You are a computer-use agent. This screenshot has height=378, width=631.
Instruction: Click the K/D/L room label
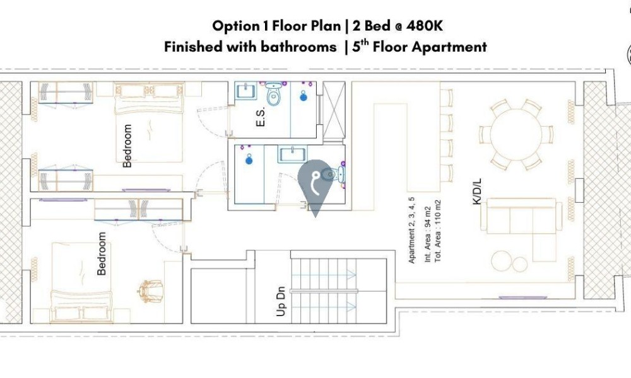click(x=477, y=192)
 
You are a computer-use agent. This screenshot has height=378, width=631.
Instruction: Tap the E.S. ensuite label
click(x=261, y=117)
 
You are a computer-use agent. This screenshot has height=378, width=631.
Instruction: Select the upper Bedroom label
click(x=127, y=146)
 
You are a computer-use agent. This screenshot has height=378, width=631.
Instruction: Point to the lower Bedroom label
click(x=102, y=253)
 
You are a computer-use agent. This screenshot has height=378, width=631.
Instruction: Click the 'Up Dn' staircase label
click(x=281, y=301)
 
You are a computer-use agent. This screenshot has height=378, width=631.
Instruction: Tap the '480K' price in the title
click(x=425, y=26)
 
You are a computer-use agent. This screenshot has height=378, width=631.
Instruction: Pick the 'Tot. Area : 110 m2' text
click(x=438, y=231)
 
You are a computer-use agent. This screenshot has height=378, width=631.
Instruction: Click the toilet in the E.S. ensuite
click(x=274, y=94)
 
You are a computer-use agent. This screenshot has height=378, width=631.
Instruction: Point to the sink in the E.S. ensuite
click(x=246, y=90)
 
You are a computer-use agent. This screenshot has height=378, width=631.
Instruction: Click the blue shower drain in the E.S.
click(x=304, y=96)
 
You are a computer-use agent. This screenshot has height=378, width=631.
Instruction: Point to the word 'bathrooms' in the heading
click(x=298, y=47)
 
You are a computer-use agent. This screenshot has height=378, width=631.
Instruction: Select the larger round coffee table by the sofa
click(x=502, y=261)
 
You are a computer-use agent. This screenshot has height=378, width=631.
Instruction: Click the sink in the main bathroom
click(x=292, y=154)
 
